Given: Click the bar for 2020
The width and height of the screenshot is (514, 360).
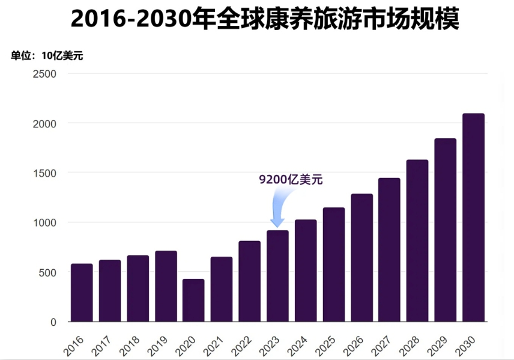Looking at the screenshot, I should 193,300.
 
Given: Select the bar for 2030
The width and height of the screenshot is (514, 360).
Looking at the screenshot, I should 473,218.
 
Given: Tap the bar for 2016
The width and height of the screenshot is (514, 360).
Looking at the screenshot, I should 82,293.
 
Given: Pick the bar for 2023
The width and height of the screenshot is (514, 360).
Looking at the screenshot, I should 277,276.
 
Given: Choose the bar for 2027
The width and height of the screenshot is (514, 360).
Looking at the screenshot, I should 389,249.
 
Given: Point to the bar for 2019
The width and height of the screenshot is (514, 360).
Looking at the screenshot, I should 166,286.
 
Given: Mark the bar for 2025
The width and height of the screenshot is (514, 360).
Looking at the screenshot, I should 333,264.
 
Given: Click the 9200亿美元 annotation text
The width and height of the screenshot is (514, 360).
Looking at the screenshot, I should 291,179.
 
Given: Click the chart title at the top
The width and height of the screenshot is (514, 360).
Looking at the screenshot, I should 265,19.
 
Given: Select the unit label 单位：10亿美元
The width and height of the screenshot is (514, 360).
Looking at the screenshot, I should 47,56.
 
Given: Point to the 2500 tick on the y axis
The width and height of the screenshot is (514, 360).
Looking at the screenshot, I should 44,73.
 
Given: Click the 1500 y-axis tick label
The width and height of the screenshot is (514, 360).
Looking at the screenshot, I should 44,173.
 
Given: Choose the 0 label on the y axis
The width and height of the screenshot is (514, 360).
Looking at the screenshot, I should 53,322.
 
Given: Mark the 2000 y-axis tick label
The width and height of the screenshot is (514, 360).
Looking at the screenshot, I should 44,123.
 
